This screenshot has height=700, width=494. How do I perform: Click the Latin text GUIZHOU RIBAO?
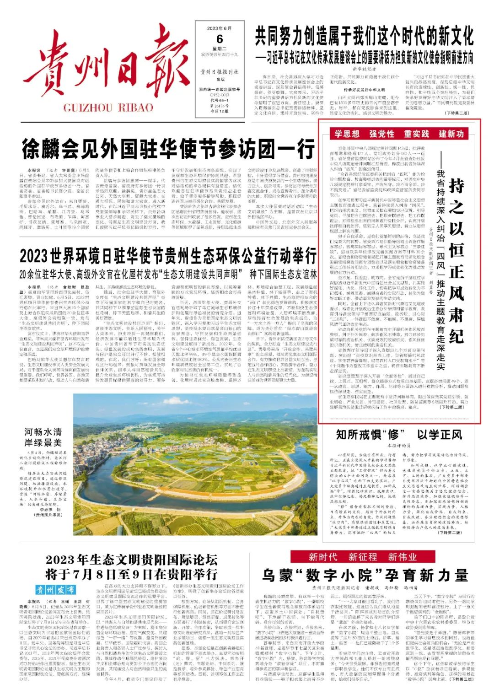pyautogui.click(x=108, y=108)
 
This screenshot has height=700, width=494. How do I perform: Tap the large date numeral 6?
pyautogui.click(x=220, y=38)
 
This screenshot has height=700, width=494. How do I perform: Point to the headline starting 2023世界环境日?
pyautogui.click(x=168, y=255)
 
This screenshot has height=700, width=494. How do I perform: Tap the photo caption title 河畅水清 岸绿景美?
pyautogui.click(x=43, y=437)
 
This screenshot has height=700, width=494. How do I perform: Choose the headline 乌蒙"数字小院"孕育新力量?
pyautogui.click(x=365, y=575)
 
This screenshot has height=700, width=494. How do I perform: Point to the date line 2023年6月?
pyautogui.click(x=220, y=28)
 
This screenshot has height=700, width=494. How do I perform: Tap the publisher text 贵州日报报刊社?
pyautogui.click(x=220, y=72)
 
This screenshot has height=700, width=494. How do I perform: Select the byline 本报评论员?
pyautogui.click(x=398, y=445)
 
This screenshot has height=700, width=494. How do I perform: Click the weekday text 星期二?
pyautogui.click(x=220, y=48)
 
